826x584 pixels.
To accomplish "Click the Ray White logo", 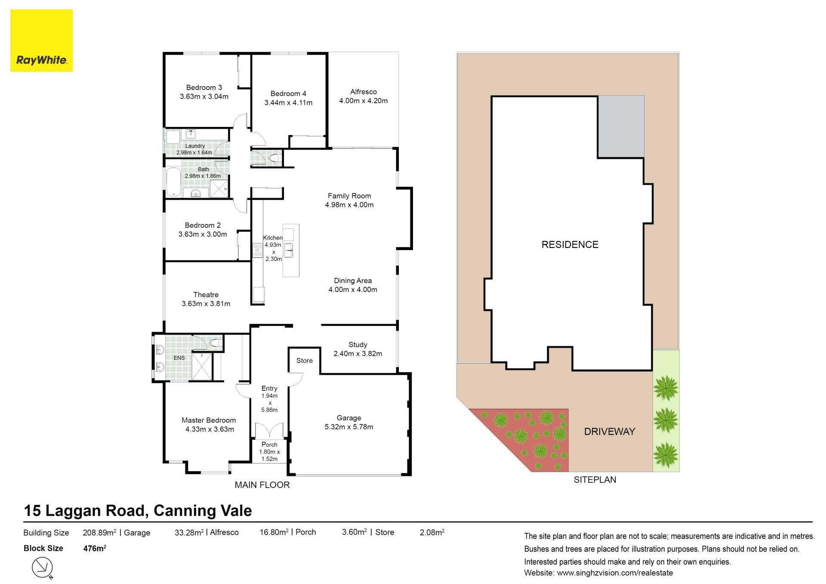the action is pos(41,40).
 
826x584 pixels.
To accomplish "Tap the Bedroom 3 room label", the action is pos(204,87).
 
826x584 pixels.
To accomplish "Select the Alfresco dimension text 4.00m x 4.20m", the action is pos(363,101).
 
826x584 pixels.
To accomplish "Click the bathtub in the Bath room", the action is pos(174,182).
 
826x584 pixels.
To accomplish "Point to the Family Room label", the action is pos(349,196).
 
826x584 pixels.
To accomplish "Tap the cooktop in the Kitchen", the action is pos(257,250).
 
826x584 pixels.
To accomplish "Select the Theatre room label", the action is pos(206,295).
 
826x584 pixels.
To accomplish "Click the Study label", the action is pos(358,345).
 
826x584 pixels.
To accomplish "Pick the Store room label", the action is pos(304,361).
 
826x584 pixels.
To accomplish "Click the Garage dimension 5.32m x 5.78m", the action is pos(348,427).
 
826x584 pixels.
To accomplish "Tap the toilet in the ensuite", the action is pos(216,343).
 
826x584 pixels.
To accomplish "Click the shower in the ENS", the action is pos(202,367).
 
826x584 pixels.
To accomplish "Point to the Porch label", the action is pos(269,445).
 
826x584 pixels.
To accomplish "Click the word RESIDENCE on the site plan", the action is pos(570,244).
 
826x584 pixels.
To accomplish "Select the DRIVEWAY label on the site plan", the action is pos(609,431).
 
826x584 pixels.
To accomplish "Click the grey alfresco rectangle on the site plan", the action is pos(621,126).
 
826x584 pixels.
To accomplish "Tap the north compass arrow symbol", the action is pos(43,568).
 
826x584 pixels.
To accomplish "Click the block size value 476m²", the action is pos(94,548).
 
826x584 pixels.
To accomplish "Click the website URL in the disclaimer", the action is pos(615,573).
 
